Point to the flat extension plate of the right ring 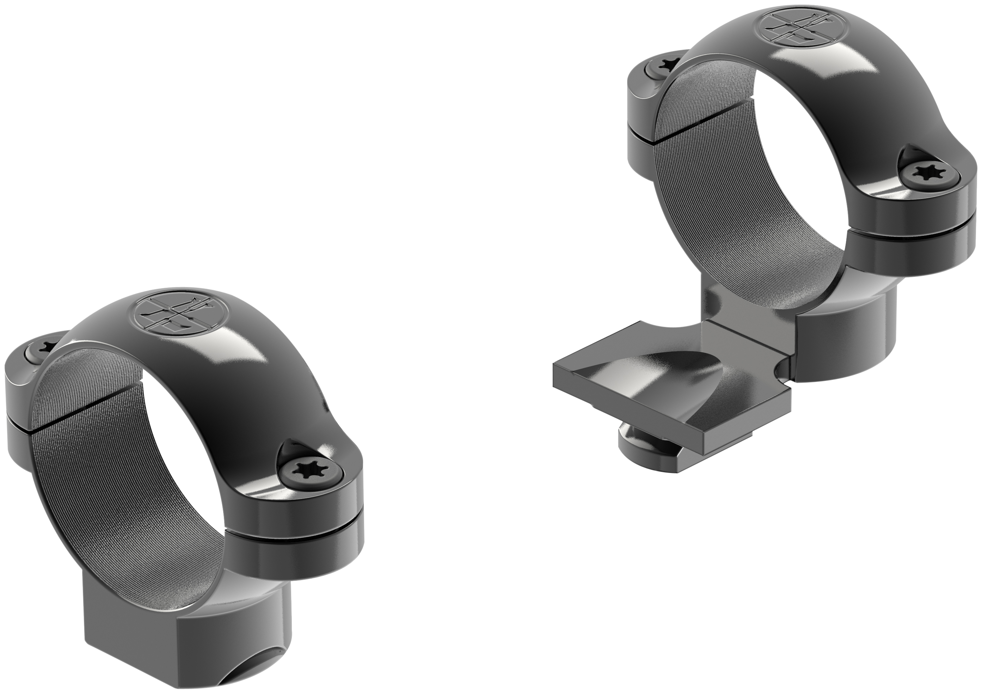(667, 385)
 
